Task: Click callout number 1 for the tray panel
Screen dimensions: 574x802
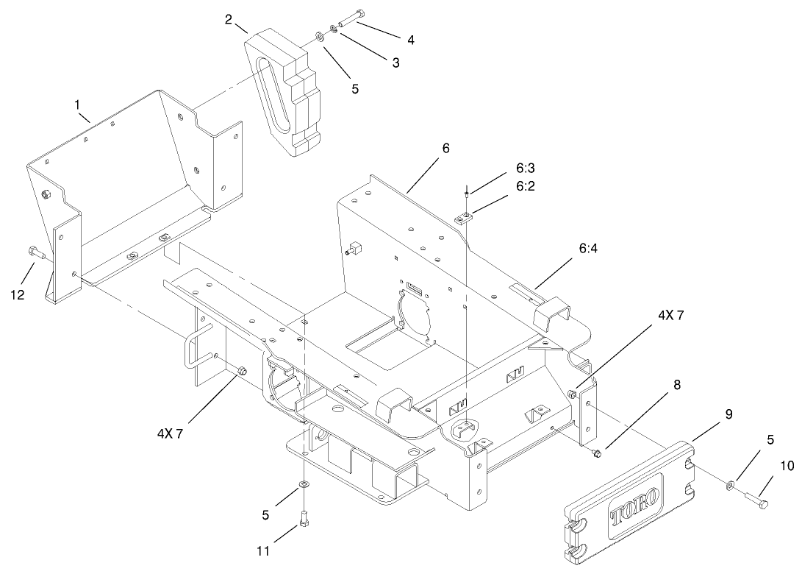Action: click(x=77, y=105)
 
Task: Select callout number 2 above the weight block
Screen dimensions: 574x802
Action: click(x=229, y=19)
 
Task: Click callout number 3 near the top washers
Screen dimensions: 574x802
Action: click(x=395, y=63)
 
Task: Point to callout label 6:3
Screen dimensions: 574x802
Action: click(x=525, y=169)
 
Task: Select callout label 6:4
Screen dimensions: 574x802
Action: click(x=587, y=249)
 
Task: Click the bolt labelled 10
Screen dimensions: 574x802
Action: click(x=753, y=500)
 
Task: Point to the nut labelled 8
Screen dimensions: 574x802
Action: click(x=596, y=451)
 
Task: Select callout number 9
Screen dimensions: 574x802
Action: click(x=728, y=414)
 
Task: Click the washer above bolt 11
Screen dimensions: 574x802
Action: click(x=303, y=486)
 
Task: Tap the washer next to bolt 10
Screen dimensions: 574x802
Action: click(x=730, y=484)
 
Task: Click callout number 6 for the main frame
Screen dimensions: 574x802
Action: click(x=445, y=148)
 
